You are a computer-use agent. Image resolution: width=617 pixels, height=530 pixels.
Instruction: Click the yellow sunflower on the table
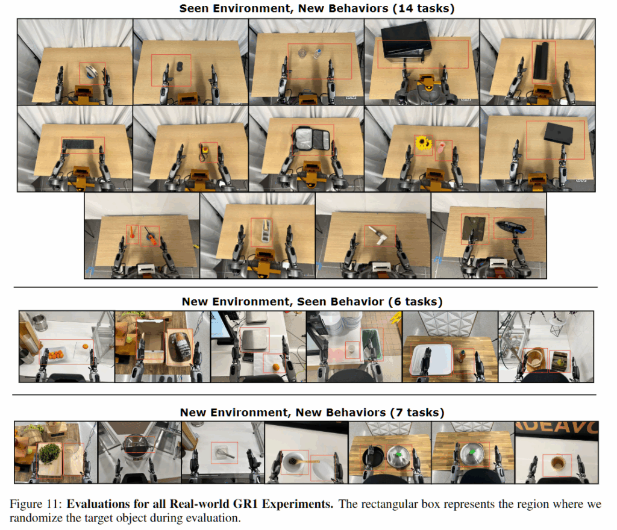[x=422, y=143]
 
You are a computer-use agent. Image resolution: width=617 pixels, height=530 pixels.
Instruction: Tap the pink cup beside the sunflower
[x=440, y=148]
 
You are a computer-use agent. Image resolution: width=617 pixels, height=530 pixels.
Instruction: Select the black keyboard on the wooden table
[x=78, y=144]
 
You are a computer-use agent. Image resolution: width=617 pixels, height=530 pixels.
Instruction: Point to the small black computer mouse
[x=180, y=66]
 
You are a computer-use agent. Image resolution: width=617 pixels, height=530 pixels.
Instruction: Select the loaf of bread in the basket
[x=180, y=346]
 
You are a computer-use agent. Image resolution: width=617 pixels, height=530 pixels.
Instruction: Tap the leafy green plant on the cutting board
[x=49, y=454]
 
